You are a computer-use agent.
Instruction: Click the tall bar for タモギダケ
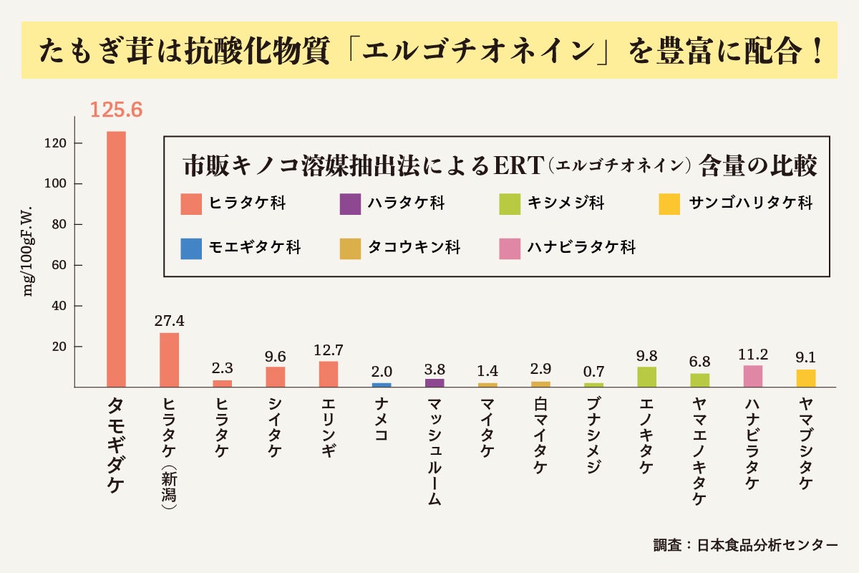(116, 258)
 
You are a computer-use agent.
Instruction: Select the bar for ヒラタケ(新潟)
(169, 360)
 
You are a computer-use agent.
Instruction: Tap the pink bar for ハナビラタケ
(753, 376)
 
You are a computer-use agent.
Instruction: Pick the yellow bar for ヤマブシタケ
(806, 378)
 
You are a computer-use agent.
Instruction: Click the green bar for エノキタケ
(646, 377)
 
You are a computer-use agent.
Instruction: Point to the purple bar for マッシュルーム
(435, 383)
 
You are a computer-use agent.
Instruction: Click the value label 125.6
(116, 110)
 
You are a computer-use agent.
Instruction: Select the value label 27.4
(170, 320)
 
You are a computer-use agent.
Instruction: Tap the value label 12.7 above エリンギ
(329, 350)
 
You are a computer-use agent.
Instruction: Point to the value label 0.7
(593, 372)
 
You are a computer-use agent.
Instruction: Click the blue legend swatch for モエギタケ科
(191, 248)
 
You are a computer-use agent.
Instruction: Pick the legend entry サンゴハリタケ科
(750, 203)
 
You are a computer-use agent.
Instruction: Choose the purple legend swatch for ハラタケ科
(350, 203)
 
